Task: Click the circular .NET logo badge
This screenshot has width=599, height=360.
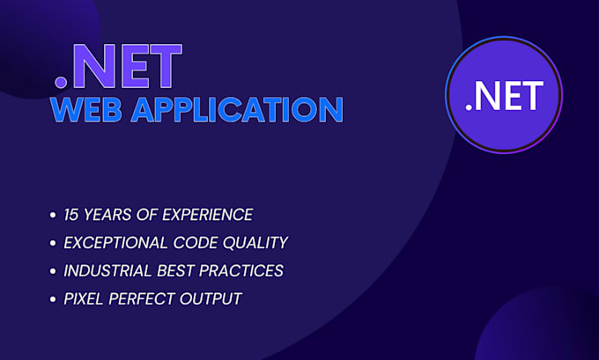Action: point(504,95)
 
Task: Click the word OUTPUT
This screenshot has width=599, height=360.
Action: point(211,298)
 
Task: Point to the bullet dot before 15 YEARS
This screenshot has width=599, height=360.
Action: point(55,215)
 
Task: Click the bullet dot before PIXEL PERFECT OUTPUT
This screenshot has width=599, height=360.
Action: point(55,299)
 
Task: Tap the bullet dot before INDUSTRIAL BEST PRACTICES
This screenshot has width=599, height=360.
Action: point(55,271)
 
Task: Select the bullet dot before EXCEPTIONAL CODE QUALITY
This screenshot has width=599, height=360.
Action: point(55,243)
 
